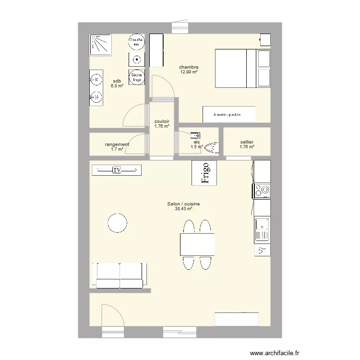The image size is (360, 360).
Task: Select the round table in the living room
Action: [x=117, y=222]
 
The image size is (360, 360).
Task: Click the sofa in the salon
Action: [x=120, y=275]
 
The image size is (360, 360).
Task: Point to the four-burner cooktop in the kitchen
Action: [x=262, y=191]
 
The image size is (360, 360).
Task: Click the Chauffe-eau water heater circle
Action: [x=136, y=42]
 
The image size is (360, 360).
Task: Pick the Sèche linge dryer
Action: [x=136, y=77]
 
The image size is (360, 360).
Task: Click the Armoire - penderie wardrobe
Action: [x=228, y=114]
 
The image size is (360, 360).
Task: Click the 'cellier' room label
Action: [x=247, y=143]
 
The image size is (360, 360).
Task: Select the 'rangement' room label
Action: [x=117, y=144]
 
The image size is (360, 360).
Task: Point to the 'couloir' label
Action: [x=162, y=122]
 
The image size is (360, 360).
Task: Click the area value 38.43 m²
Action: [x=183, y=209]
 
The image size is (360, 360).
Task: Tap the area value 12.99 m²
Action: [x=189, y=72]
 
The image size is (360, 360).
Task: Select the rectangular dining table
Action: [x=197, y=244]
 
